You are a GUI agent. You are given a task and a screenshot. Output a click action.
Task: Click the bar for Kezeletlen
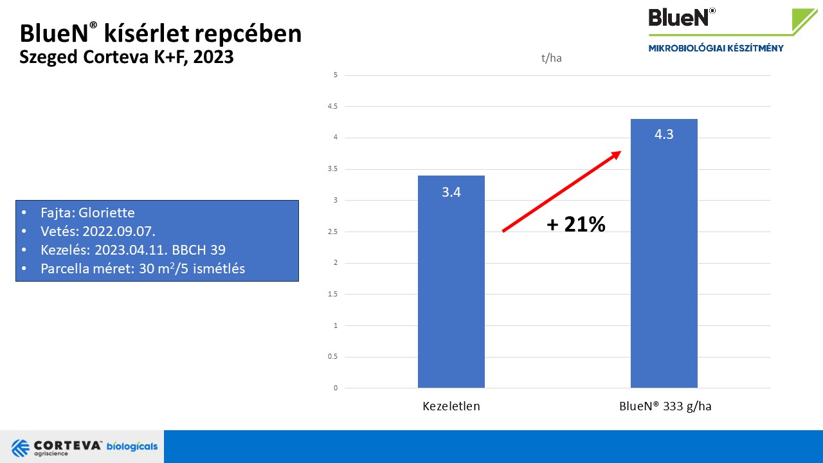tap(451, 283)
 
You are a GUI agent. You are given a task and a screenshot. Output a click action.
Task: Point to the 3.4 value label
tap(451, 192)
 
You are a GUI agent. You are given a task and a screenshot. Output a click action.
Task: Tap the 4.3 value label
tap(664, 135)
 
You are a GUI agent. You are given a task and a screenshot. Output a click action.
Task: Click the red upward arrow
tap(561, 191)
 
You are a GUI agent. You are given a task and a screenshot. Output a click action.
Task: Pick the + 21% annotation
tap(576, 224)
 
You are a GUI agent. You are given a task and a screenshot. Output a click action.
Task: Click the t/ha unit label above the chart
tap(552, 59)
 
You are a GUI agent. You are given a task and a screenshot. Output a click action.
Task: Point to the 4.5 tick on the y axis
tap(333, 106)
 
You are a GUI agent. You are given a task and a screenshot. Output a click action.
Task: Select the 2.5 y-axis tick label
tap(333, 232)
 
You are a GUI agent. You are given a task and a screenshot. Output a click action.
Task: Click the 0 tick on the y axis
tap(336, 388)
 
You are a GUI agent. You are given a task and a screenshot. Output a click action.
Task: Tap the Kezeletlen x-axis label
tap(451, 406)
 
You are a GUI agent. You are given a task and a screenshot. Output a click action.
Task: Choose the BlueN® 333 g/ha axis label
tap(665, 406)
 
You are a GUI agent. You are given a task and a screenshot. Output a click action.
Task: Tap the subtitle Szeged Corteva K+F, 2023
tap(126, 57)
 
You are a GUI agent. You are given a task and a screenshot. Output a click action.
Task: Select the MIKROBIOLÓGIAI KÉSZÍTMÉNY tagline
tap(716, 48)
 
